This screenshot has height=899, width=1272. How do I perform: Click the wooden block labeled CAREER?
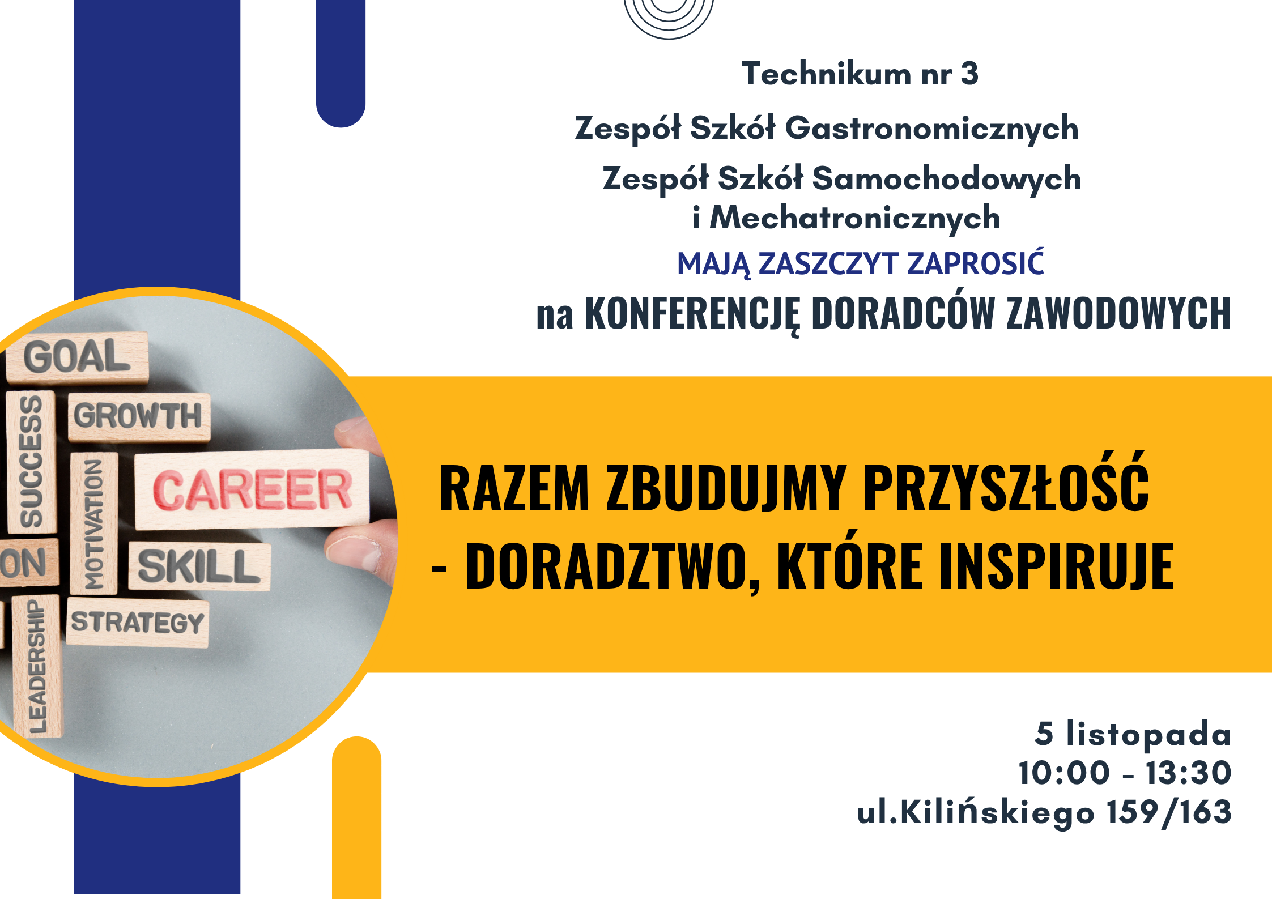click(252, 489)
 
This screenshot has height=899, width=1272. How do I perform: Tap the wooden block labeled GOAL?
click(77, 357)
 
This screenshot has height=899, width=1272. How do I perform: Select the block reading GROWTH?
click(139, 417)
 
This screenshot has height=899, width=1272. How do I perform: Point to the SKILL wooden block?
click(199, 566)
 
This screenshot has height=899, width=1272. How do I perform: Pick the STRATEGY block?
click(137, 623)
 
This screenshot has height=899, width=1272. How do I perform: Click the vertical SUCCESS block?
click(31, 462)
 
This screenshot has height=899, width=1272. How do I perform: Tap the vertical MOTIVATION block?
click(94, 523)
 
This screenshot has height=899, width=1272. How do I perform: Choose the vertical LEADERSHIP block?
click(37, 666)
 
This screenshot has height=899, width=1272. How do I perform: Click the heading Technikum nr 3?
click(860, 74)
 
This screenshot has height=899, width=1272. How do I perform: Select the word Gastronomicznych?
click(931, 129)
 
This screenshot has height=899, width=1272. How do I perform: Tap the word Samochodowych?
click(947, 179)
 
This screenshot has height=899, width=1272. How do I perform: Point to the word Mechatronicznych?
click(855, 219)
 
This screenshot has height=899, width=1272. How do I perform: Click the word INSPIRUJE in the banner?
click(1056, 566)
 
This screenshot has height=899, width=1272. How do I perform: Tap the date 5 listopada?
click(1133, 735)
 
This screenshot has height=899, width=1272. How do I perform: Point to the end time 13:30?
click(1189, 773)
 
